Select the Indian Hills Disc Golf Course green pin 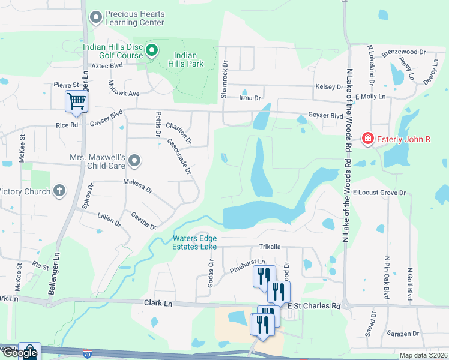click(152, 51)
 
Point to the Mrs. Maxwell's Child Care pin click(134, 161)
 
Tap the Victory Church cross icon click(59, 191)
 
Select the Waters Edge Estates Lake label click(194, 242)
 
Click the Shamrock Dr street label click(225, 80)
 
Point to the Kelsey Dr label click(328, 87)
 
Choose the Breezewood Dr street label click(403, 53)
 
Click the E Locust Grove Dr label click(379, 193)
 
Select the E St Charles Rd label click(314, 306)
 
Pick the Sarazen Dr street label click(402, 333)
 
